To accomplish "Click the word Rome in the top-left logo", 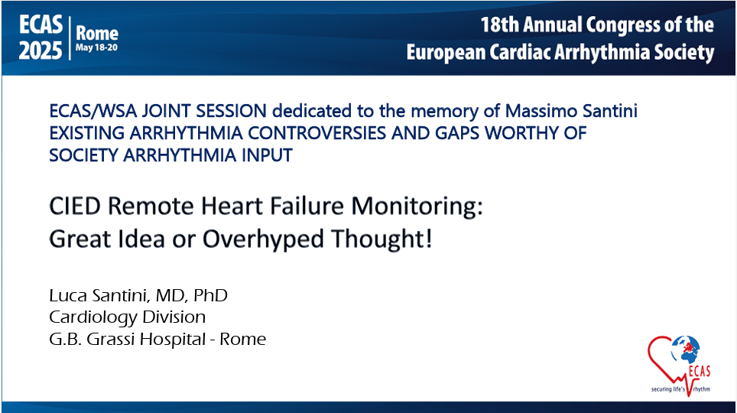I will [x=97, y=33].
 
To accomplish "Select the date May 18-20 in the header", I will [x=96, y=48].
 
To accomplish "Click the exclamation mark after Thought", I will [x=428, y=239].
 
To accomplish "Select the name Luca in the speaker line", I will [x=68, y=295].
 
